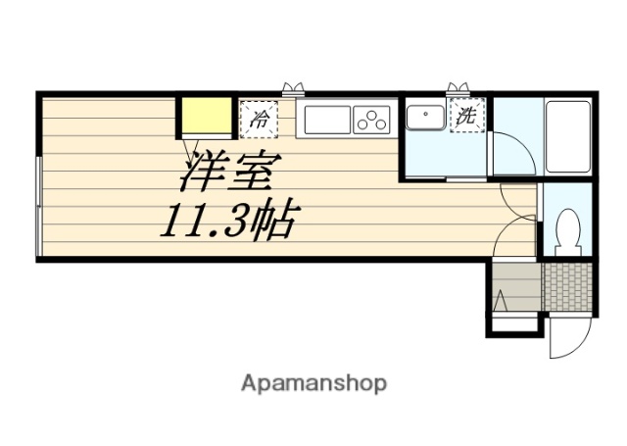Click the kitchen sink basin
click(x=327, y=121)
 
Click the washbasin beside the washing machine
click(x=426, y=120)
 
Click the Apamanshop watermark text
click(x=313, y=382)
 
